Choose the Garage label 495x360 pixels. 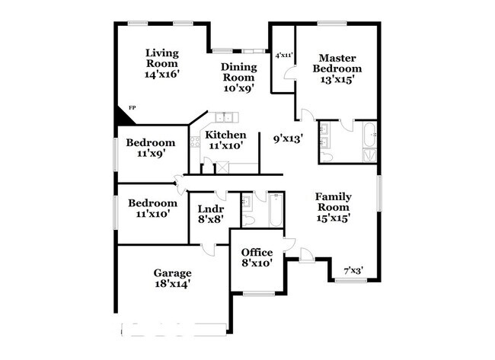(171, 273)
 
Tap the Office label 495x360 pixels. (257, 253)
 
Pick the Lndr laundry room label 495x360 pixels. (210, 209)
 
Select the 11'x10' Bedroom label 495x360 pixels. (152, 203)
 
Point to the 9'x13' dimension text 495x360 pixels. (288, 139)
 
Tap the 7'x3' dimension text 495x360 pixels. (353, 270)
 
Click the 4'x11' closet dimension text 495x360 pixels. (283, 55)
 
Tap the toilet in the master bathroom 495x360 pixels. (326, 156)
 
